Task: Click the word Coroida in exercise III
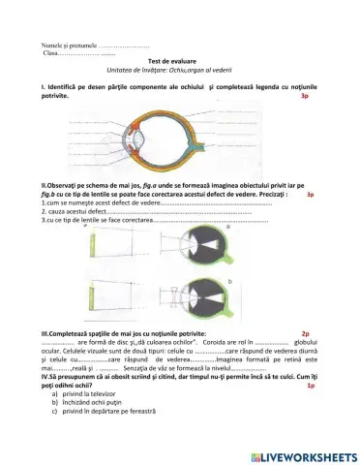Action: pyautogui.click(x=213, y=342)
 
